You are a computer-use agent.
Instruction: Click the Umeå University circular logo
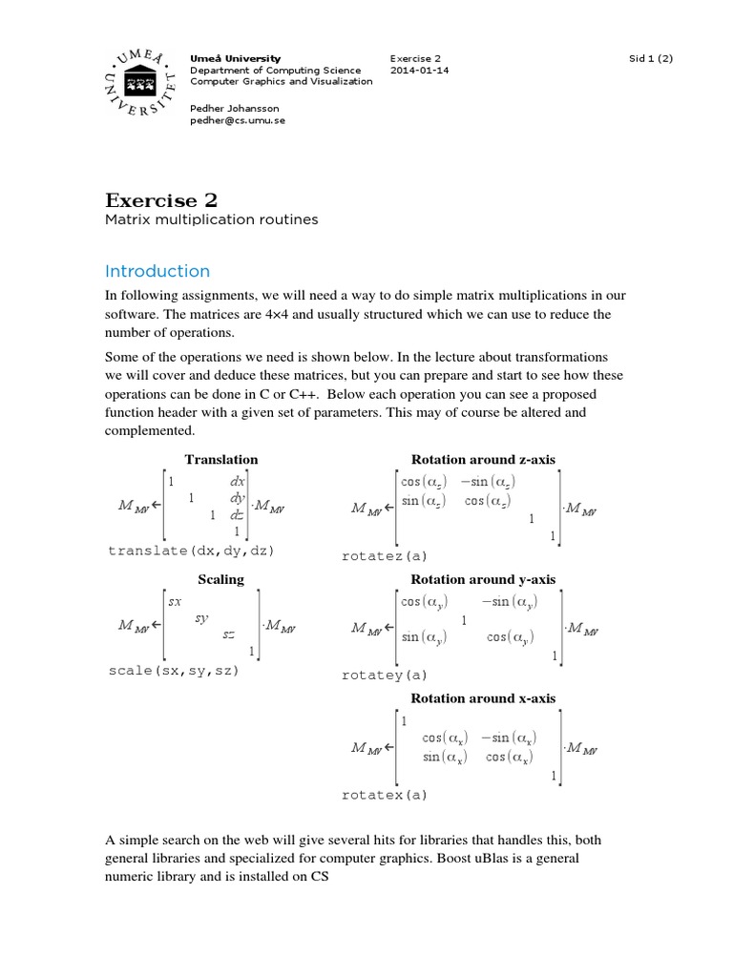point(138,85)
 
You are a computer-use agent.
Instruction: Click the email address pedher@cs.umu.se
point(237,121)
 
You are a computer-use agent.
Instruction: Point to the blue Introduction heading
point(157,271)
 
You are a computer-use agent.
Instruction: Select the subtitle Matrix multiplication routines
point(211,220)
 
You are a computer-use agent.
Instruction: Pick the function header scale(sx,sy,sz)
point(174,671)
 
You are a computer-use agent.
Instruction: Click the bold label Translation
point(221,460)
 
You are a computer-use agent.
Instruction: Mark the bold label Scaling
point(220,579)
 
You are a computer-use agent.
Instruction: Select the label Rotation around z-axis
point(482,460)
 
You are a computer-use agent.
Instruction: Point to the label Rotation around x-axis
point(482,698)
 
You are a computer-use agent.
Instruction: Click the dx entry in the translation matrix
point(238,483)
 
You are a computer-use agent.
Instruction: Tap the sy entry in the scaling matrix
point(201,617)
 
